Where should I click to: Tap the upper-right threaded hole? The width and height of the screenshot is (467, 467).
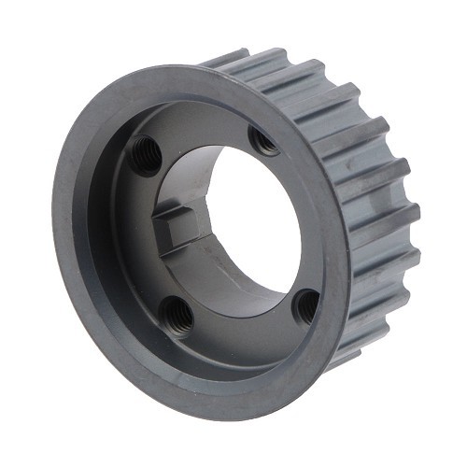[264, 142]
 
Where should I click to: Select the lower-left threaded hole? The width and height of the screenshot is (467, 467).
[179, 317]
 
